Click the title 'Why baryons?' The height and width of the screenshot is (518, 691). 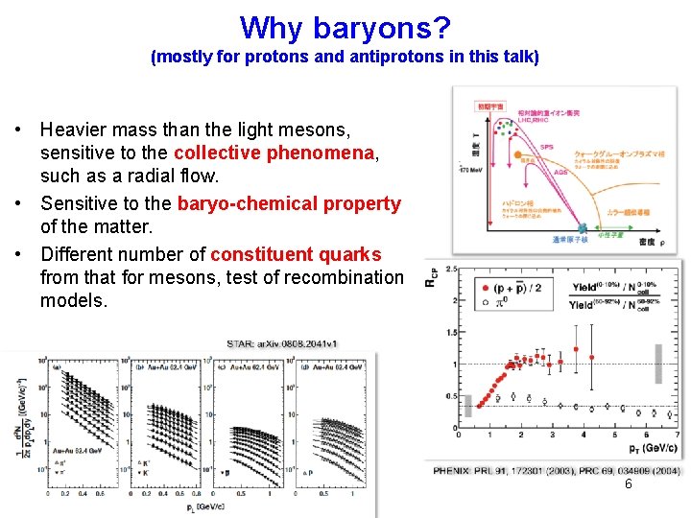pos(345,27)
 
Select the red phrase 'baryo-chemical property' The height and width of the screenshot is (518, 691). pos(289,203)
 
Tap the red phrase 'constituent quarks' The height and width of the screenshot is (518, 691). pos(296,254)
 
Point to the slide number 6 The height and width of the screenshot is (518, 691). pos(629,484)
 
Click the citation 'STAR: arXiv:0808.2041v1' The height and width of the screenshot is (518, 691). pos(282,342)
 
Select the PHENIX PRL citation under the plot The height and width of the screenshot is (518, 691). pos(557,471)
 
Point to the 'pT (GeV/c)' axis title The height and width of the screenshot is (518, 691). pos(647,447)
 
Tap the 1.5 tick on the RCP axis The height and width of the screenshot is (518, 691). pos(448,332)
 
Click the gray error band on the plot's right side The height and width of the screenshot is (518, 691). pos(657,364)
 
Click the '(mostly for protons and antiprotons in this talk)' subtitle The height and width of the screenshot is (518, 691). pos(345,57)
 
